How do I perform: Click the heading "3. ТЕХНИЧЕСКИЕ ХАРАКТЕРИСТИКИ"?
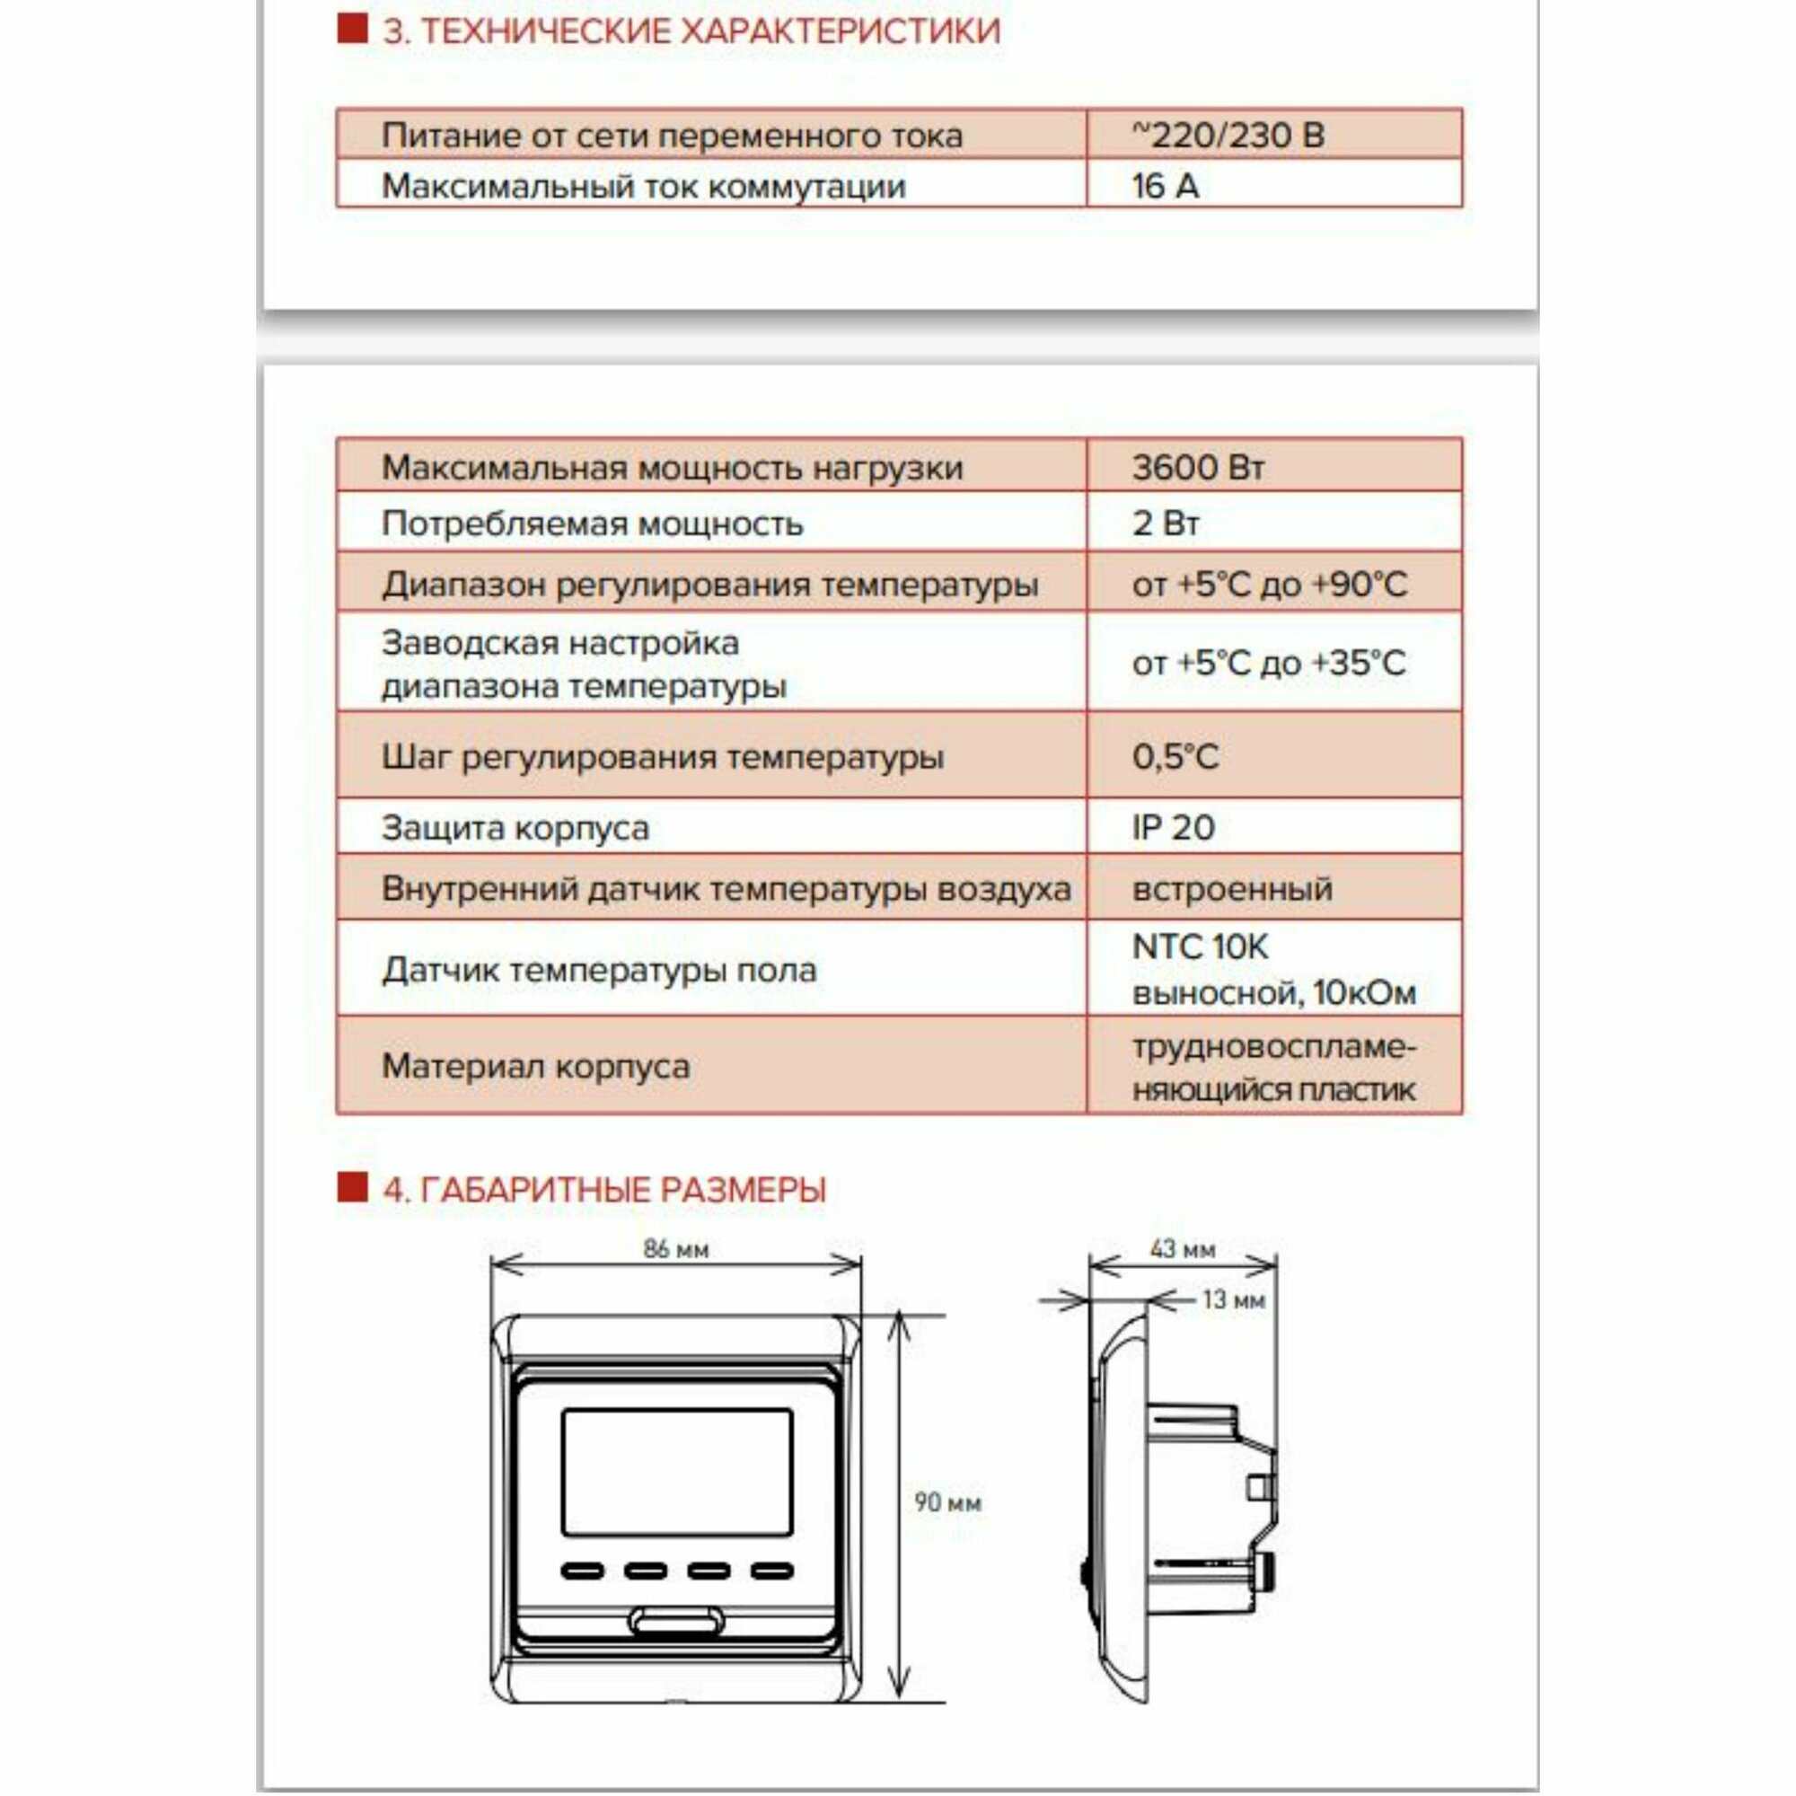(691, 31)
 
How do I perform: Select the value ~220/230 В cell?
(1227, 136)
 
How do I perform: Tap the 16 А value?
(1165, 186)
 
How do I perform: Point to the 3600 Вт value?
(1197, 468)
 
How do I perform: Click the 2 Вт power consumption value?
(1165, 524)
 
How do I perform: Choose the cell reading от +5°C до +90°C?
(1269, 585)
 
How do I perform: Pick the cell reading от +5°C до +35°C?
(1269, 663)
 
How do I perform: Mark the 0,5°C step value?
(1174, 757)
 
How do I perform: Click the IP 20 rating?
(1172, 827)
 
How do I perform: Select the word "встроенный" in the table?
(1232, 889)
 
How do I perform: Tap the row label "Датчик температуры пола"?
(599, 970)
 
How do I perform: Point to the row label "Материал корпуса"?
(535, 1065)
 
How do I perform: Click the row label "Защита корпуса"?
(515, 827)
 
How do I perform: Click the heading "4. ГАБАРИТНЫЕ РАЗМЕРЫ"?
(604, 1190)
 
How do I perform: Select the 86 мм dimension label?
(676, 1248)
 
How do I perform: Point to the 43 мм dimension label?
(1182, 1248)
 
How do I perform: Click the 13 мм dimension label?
(1233, 1299)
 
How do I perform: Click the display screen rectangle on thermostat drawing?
(677, 1472)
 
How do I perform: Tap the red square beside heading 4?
(352, 1187)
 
